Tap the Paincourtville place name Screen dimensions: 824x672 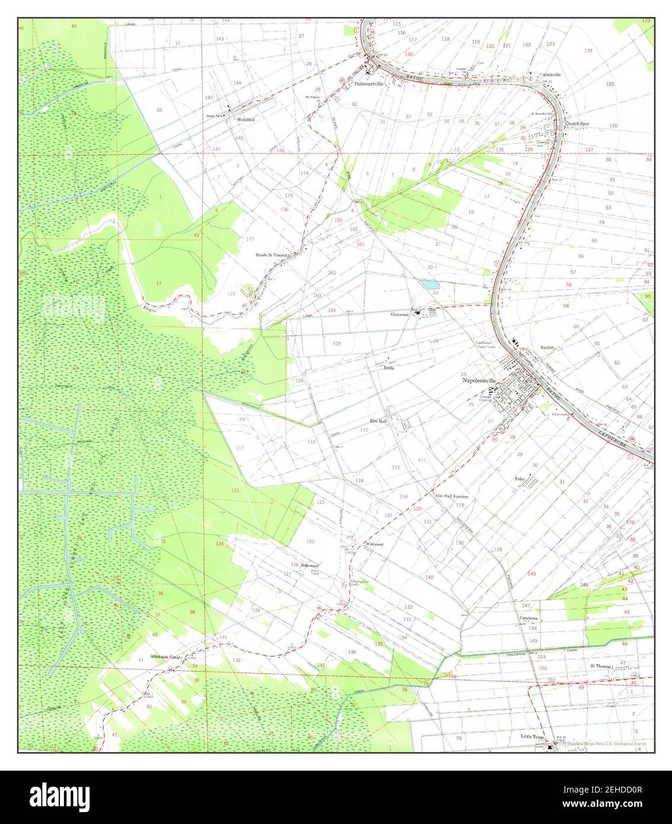[x=369, y=84]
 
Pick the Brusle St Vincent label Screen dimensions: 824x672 [x=272, y=255]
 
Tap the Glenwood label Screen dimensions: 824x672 [x=399, y=315]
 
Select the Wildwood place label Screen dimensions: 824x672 [x=374, y=544]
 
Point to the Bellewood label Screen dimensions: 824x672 [x=310, y=565]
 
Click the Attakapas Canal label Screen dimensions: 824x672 [x=165, y=657]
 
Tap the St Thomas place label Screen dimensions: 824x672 [x=600, y=666]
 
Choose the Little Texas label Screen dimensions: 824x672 [x=531, y=736]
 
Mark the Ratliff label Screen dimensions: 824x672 [x=547, y=347]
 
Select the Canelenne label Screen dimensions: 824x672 [x=529, y=618]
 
